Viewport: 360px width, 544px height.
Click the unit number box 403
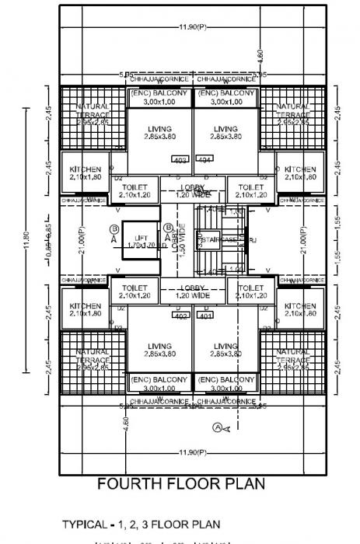pos(180,159)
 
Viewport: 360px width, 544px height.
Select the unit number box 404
pos(204,159)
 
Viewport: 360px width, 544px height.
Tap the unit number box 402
pos(180,316)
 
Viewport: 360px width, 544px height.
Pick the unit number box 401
pos(204,316)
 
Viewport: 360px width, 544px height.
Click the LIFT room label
pos(141,238)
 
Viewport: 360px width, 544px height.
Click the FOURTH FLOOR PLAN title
pos(180,483)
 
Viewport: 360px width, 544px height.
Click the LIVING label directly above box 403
pos(160,129)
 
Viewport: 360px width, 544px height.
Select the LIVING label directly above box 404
pos(225,129)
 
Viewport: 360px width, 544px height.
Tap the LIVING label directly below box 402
pos(160,347)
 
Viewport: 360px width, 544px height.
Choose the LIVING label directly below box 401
pos(225,347)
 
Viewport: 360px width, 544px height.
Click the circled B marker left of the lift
pos(114,228)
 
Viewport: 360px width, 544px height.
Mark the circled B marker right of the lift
pos(168,228)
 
